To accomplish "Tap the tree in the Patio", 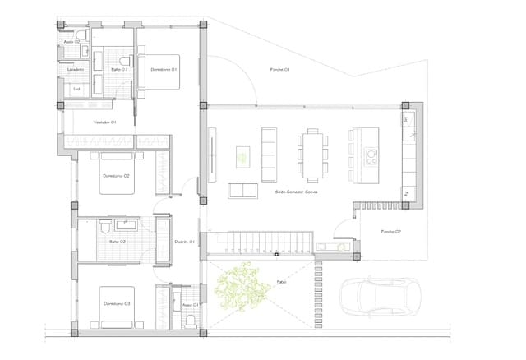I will (x=242, y=284).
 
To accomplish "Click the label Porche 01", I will (x=280, y=70).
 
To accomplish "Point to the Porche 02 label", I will (x=390, y=232).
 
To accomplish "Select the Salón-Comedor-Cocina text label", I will (x=298, y=192).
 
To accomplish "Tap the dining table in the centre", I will (x=312, y=154).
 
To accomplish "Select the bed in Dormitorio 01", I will (x=164, y=69).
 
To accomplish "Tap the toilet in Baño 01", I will (x=125, y=62).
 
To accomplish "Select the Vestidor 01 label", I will (x=104, y=122).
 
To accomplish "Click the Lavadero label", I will (x=76, y=70).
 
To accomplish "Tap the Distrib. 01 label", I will (x=184, y=242).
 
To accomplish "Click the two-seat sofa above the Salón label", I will (x=242, y=191).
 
